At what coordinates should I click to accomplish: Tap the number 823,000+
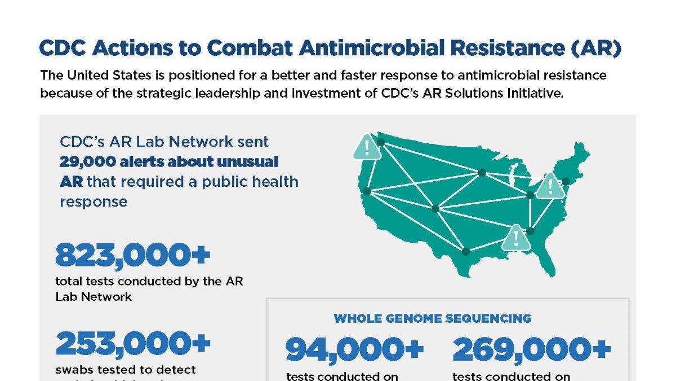pos(132,255)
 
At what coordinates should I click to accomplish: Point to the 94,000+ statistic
pos(354,349)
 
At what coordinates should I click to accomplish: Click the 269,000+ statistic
pos(531,349)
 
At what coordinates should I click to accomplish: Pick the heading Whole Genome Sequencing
pos(432,318)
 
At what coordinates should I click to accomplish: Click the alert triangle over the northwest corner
pos(367,146)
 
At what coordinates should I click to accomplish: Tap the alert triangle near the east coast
pos(549,186)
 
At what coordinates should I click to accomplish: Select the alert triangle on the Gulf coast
pos(515,238)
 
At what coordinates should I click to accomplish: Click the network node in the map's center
pos(435,208)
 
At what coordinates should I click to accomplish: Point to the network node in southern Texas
pos(465,251)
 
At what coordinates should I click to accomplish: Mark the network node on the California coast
pos(367,191)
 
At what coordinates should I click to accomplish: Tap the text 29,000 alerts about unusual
pos(169,161)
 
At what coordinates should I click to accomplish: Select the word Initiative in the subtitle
pos(533,93)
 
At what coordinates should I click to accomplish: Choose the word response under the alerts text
pos(94,202)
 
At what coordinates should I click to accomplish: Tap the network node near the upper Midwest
pos(482,173)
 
